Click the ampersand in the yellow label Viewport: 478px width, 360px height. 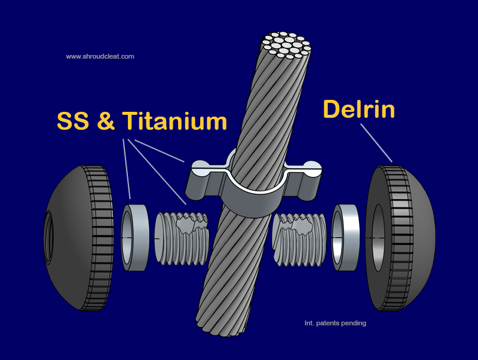tap(106, 121)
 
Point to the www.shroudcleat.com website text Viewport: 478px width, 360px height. tap(100, 56)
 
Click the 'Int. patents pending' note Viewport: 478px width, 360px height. tap(335, 323)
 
